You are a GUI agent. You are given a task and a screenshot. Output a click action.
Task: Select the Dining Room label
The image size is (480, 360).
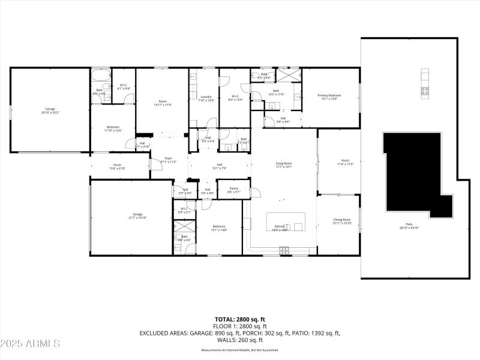coord(342,221)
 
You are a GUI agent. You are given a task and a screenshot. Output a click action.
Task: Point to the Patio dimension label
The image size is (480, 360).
coord(410,227)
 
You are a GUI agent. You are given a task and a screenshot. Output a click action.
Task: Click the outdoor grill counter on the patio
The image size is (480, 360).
coord(425,83)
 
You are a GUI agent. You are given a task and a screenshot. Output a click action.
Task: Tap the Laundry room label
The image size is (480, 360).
coord(206,98)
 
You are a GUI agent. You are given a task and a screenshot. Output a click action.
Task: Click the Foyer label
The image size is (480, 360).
coord(168,160)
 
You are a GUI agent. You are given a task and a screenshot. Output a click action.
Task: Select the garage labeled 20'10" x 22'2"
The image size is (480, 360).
coord(50,111)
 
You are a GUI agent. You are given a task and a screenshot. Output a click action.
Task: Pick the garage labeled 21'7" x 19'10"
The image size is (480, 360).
coord(138,216)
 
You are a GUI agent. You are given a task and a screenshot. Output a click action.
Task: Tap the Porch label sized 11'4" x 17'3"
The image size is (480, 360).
coord(345,162)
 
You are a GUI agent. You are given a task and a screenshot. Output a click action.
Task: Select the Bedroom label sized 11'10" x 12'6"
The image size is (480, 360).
coord(113,128)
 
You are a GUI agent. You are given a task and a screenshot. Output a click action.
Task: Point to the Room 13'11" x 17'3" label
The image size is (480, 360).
coord(162,103)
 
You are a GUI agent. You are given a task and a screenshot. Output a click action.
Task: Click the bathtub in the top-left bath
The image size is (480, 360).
coord(100,76)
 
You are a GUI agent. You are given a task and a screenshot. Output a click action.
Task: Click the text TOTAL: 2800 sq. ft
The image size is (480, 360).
coord(240,319)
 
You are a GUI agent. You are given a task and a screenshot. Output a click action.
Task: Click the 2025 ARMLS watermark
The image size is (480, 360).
coord(31,344)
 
